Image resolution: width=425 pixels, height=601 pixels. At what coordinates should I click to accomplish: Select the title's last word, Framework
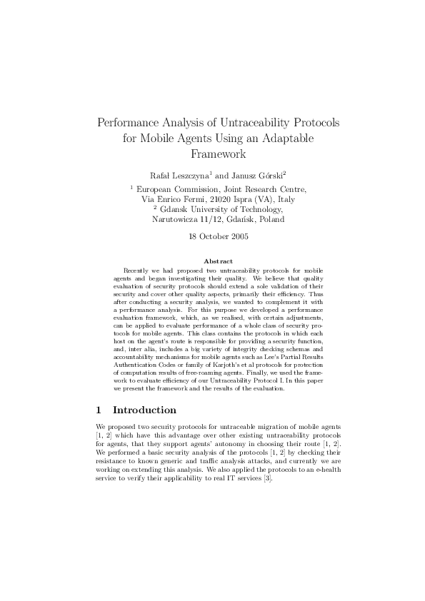pyautogui.click(x=218, y=153)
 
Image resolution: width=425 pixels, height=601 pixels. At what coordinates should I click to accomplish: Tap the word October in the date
pyautogui.click(x=212, y=237)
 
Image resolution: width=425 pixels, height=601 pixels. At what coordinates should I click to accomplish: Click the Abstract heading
pyautogui.click(x=218, y=261)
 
